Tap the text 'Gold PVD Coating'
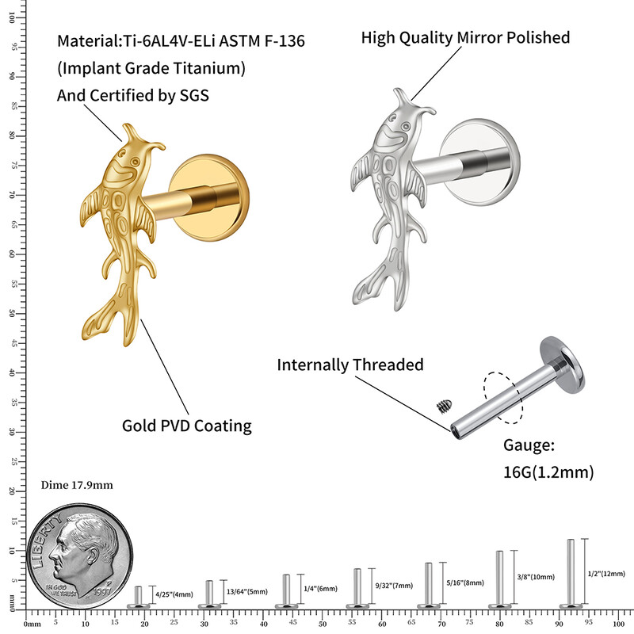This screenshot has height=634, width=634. point(186,426)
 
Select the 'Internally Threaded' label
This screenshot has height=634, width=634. point(349,365)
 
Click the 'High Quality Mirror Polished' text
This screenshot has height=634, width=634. point(465,37)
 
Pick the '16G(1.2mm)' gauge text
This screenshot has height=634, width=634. point(548,472)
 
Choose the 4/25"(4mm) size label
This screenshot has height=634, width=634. point(173,594)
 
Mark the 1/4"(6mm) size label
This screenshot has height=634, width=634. point(320,589)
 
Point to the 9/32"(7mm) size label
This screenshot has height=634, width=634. point(393,586)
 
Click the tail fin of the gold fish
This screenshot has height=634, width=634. point(111,321)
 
